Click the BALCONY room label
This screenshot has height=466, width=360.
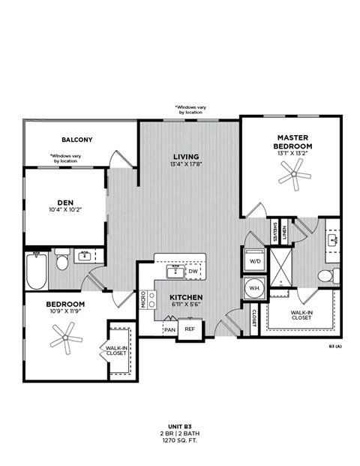point(77,140)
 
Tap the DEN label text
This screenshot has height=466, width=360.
point(64,201)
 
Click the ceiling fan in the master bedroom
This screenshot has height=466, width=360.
point(293,176)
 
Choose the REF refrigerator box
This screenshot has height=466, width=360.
point(190,329)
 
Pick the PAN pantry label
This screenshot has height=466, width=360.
point(170,329)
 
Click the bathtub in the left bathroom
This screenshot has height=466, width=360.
point(36,271)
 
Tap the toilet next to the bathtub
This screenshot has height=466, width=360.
point(62,260)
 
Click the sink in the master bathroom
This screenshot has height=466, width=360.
point(332,240)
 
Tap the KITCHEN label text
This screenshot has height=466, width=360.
point(185,298)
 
